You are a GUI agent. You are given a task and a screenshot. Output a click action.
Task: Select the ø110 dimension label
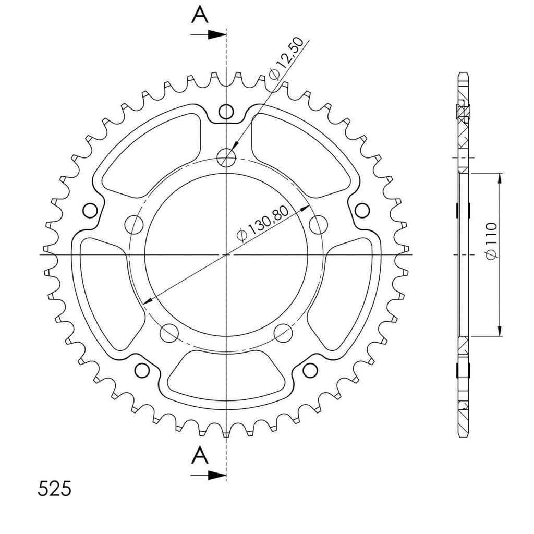(491, 241)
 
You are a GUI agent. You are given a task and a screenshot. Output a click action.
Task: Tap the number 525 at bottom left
(54, 489)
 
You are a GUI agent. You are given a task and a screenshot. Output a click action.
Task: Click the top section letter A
(200, 15)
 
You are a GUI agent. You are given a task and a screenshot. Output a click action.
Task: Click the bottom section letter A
(200, 455)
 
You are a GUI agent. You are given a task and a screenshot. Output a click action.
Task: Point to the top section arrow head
(217, 34)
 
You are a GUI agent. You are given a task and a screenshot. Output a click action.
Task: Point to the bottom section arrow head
(217, 476)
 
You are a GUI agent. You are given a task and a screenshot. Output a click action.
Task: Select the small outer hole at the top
(226, 111)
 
